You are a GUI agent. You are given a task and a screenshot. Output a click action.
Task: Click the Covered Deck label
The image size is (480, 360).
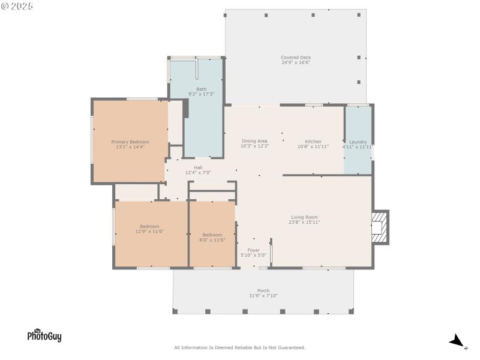(296, 58)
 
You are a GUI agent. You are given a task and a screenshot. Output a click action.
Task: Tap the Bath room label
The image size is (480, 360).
(201, 89)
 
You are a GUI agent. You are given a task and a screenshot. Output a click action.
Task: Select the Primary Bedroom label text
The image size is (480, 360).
(130, 142)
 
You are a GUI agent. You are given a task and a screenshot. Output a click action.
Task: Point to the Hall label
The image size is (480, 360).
(198, 167)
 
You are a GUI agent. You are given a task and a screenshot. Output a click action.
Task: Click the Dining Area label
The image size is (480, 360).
(254, 141)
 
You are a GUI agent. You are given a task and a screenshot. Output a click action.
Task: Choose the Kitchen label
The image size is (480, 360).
(313, 142)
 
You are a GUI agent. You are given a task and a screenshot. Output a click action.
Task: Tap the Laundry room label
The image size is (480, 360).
(358, 142)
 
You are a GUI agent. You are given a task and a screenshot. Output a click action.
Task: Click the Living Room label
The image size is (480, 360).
(304, 217)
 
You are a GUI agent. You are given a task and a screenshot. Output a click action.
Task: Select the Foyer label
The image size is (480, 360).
(253, 250)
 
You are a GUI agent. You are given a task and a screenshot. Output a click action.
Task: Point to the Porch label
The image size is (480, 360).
(263, 290)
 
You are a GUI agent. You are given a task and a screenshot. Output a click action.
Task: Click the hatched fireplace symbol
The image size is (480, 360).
(379, 228)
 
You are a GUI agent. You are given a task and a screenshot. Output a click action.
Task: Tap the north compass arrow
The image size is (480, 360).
(458, 341)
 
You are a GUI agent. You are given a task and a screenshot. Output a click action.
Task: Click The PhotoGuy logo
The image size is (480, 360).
(44, 335)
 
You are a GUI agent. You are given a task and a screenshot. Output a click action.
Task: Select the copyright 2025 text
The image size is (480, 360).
(17, 5)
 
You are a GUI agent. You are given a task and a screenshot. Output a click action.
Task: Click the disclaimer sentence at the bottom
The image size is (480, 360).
(239, 347)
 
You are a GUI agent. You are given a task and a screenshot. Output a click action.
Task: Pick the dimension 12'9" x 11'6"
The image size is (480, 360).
(149, 231)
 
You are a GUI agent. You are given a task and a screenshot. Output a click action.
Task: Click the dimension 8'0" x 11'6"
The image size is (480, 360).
(212, 240)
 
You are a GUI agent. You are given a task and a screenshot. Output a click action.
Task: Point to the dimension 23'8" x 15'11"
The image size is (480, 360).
(304, 223)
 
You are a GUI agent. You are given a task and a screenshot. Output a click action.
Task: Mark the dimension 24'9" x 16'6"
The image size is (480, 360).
(296, 62)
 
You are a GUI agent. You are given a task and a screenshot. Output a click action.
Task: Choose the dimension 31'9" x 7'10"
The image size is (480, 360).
(263, 296)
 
